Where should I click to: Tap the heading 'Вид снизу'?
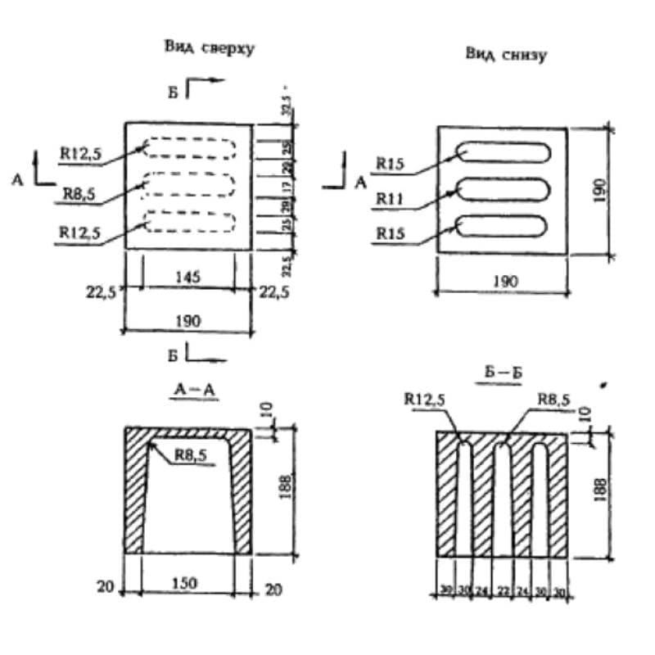505,55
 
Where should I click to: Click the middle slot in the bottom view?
503,190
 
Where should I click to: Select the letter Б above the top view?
173,92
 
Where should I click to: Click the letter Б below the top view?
174,355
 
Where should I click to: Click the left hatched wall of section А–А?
134,491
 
